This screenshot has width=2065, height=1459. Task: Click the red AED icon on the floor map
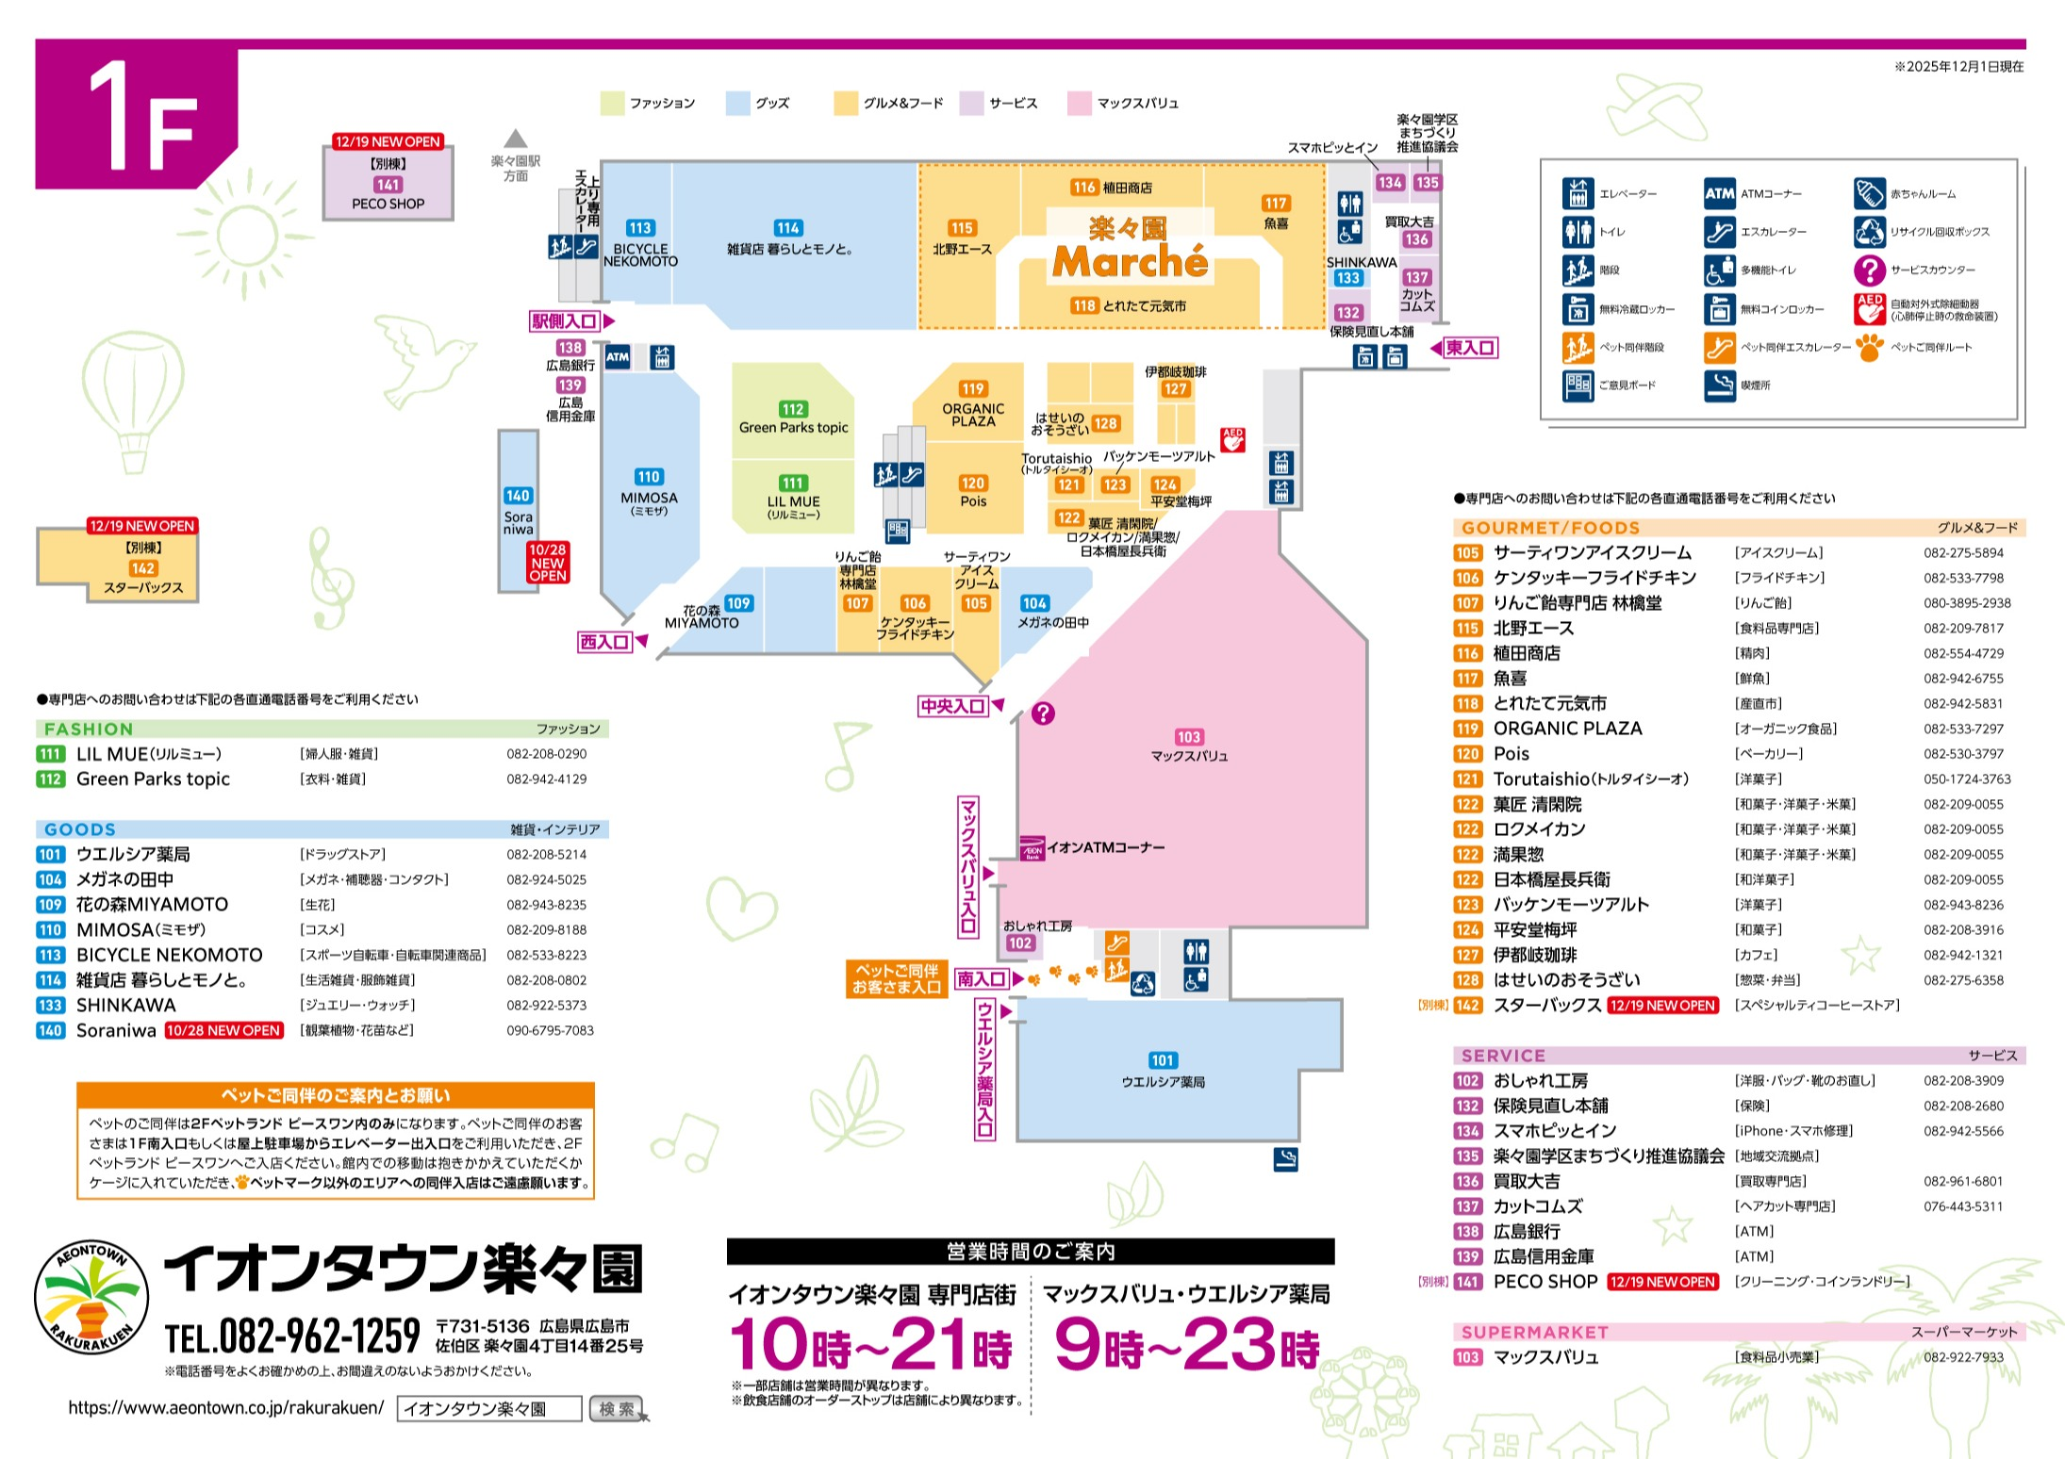coord(1232,439)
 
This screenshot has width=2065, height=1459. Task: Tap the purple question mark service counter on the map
coord(1043,713)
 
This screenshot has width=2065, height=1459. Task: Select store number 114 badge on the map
coord(787,228)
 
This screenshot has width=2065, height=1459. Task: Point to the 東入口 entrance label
coord(1470,348)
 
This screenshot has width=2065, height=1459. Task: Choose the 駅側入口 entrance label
coord(564,321)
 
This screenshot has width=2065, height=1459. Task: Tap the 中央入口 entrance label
coord(952,706)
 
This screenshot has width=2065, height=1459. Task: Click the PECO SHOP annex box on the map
coord(388,183)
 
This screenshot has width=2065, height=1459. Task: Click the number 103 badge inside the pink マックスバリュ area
coord(1188,737)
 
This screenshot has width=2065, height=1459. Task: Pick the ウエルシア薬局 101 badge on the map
coord(1163,1060)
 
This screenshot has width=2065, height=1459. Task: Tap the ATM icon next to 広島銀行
coord(618,357)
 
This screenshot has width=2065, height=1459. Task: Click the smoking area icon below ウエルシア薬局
coord(1285,1158)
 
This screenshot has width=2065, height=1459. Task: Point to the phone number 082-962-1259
coord(292,1336)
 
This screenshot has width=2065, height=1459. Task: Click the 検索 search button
coord(617,1408)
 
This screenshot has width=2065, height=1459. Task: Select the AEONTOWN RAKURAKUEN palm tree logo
coord(91,1297)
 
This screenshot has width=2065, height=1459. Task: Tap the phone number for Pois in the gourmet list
coord(1962,754)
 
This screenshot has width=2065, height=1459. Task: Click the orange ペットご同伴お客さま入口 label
coord(896,978)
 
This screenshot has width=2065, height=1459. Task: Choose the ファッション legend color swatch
coord(612,103)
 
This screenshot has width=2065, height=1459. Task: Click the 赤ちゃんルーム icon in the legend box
coord(1869,194)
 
